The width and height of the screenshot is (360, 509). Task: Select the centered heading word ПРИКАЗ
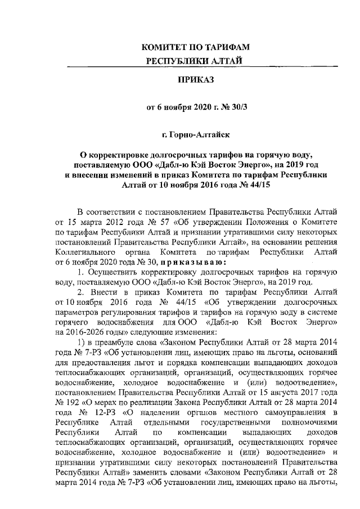tap(196, 80)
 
